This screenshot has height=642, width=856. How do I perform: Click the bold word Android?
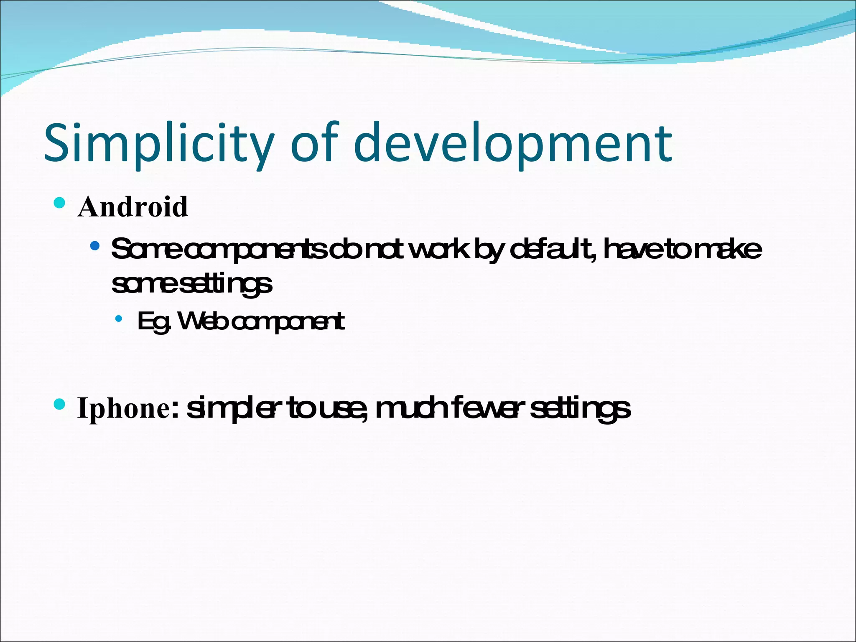point(132,207)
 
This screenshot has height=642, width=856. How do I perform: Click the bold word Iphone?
point(124,408)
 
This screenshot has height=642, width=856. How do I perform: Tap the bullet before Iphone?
point(60,404)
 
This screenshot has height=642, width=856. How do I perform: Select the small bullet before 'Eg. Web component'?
point(119,319)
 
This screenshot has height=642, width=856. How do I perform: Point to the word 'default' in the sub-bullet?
point(552,250)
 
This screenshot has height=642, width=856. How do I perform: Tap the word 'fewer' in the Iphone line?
point(488,408)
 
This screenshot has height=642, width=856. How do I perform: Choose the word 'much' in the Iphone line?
point(412,408)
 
